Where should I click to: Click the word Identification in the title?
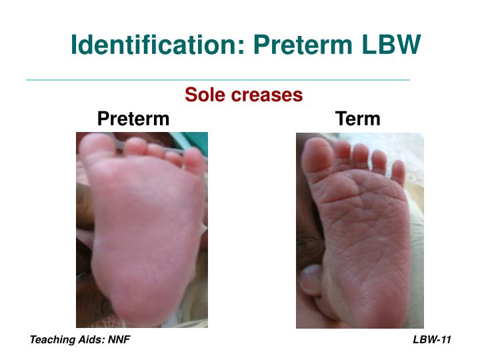tap(149, 45)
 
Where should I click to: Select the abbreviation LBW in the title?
tap(391, 45)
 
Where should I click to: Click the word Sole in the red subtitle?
tap(203, 95)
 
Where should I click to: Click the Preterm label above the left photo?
tap(133, 119)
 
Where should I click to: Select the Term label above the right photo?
tap(358, 119)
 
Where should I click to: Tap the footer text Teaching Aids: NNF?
tap(80, 340)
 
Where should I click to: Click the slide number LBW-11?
tap(432, 340)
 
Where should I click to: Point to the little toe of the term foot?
tap(398, 172)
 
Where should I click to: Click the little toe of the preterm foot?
tap(195, 160)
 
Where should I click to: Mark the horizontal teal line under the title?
tap(217, 80)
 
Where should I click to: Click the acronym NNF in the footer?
tap(120, 340)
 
